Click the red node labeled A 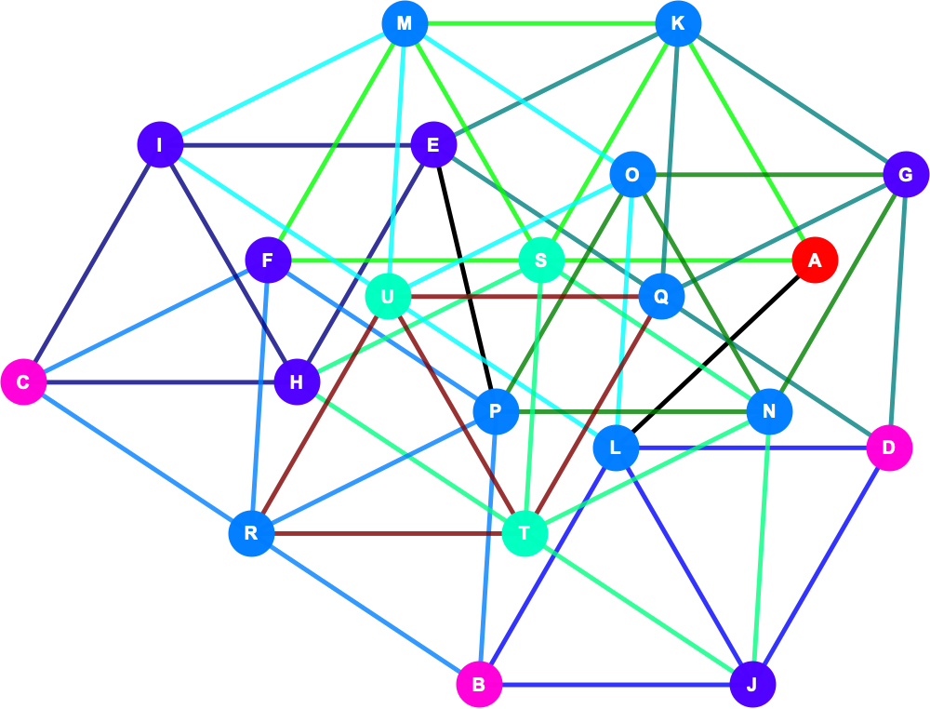[815, 260]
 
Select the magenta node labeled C [24, 382]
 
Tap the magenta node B [479, 685]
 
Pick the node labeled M [405, 24]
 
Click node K [678, 24]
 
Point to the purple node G [906, 175]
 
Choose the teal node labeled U [388, 296]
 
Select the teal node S [541, 260]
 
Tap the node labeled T [525, 533]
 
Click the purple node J [752, 685]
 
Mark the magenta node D [889, 448]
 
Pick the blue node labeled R [251, 533]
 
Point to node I [160, 145]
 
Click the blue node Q [661, 296]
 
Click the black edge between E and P [465, 278]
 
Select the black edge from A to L [715, 354]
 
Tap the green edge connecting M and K [541, 24]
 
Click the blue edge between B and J [616, 685]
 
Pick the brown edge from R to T [388, 533]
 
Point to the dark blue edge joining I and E [297, 145]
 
